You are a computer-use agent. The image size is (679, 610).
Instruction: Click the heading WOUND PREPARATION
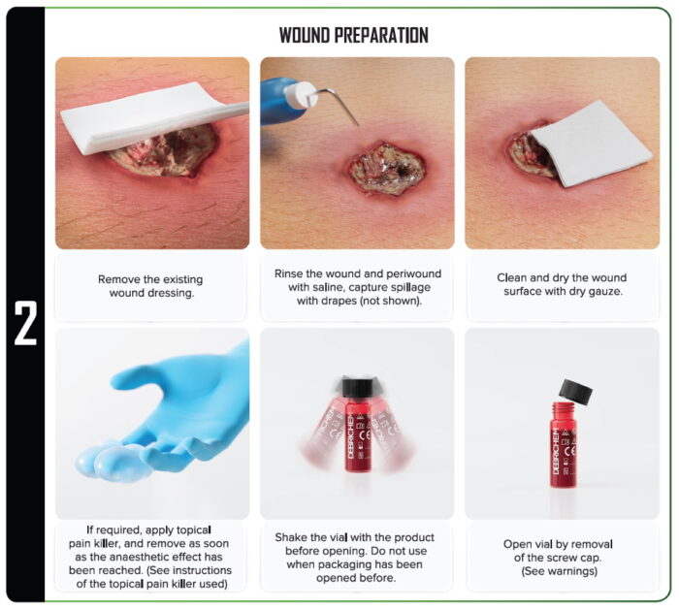[x=353, y=35]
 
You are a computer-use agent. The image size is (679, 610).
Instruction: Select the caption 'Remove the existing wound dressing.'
[x=150, y=286]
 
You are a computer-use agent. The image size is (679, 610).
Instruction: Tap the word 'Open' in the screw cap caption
[x=520, y=544]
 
